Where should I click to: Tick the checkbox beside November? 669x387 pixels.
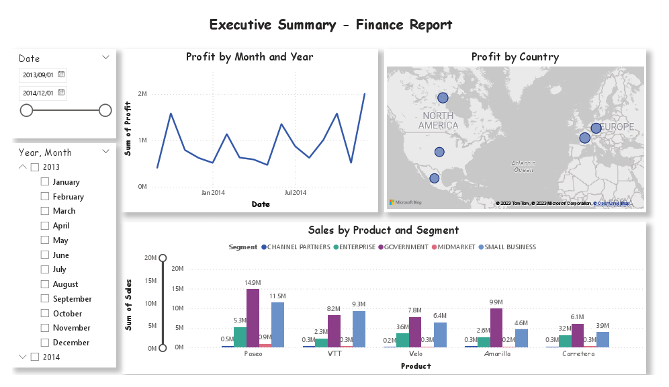[x=45, y=328]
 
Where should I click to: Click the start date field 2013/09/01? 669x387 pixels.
[x=38, y=75]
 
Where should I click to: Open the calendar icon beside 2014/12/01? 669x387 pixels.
[x=61, y=93]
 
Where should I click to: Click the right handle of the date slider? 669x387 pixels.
[x=105, y=110]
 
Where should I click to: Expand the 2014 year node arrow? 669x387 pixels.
[x=23, y=357]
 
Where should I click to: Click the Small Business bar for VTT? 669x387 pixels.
[x=359, y=329]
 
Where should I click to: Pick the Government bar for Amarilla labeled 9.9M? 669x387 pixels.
[x=496, y=327]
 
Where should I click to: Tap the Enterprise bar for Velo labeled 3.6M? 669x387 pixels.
[x=402, y=339]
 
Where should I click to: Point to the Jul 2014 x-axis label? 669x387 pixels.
[x=295, y=193]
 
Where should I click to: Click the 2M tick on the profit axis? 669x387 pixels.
[x=142, y=94]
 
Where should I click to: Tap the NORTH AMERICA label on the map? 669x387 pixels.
[x=439, y=120]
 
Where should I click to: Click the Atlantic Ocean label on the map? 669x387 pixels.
[x=523, y=166]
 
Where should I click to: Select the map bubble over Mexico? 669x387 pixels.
[x=435, y=179]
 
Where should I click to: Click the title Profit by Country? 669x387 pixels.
[x=515, y=57]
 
